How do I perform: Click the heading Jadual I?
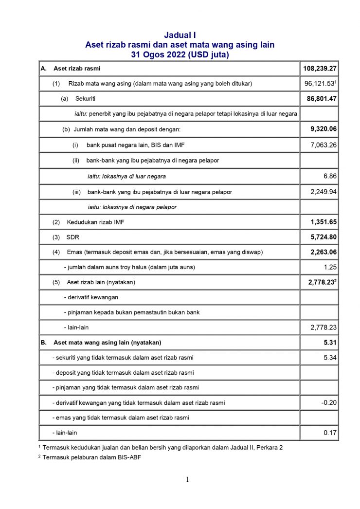(180, 35)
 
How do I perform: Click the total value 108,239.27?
(320, 69)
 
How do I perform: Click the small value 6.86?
(329, 176)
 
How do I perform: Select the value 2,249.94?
(324, 191)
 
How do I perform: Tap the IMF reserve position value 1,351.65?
(324, 222)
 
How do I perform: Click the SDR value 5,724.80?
(324, 237)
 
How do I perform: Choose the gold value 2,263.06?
(324, 252)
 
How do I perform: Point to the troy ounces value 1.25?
(329, 267)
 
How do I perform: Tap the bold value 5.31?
(330, 343)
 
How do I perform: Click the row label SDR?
(72, 237)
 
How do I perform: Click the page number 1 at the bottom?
(187, 480)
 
